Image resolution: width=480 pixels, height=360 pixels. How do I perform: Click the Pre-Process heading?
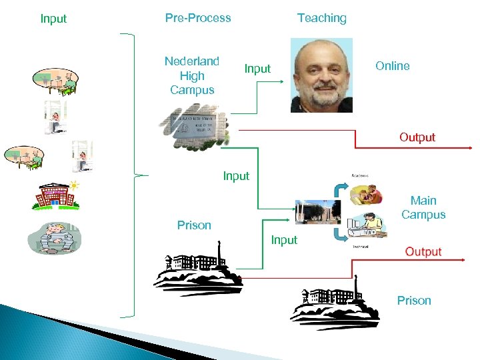point(198,18)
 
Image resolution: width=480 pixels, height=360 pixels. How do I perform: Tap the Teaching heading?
point(321,18)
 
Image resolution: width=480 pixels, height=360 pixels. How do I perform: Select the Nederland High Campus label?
point(192,75)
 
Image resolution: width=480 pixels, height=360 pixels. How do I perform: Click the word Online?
point(392,65)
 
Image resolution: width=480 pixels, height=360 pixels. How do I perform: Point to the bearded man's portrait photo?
point(321,74)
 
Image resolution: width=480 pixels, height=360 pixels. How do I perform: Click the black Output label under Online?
point(417,137)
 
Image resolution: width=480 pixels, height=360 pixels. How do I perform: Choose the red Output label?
point(423,251)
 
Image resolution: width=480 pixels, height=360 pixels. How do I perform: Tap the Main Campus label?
point(423,207)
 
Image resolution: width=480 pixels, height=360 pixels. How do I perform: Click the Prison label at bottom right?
point(414,301)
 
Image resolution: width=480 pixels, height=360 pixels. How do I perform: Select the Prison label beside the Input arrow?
point(194,225)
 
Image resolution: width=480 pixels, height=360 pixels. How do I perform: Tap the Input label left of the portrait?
point(257,69)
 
